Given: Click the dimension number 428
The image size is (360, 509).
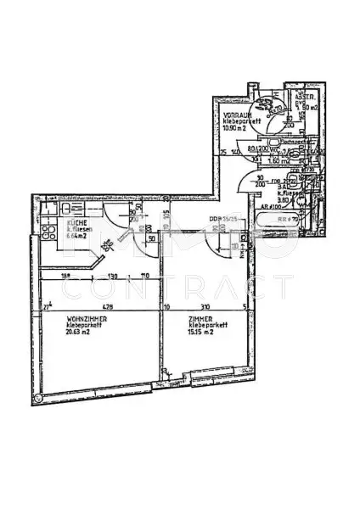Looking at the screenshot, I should pyautogui.click(x=107, y=307).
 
